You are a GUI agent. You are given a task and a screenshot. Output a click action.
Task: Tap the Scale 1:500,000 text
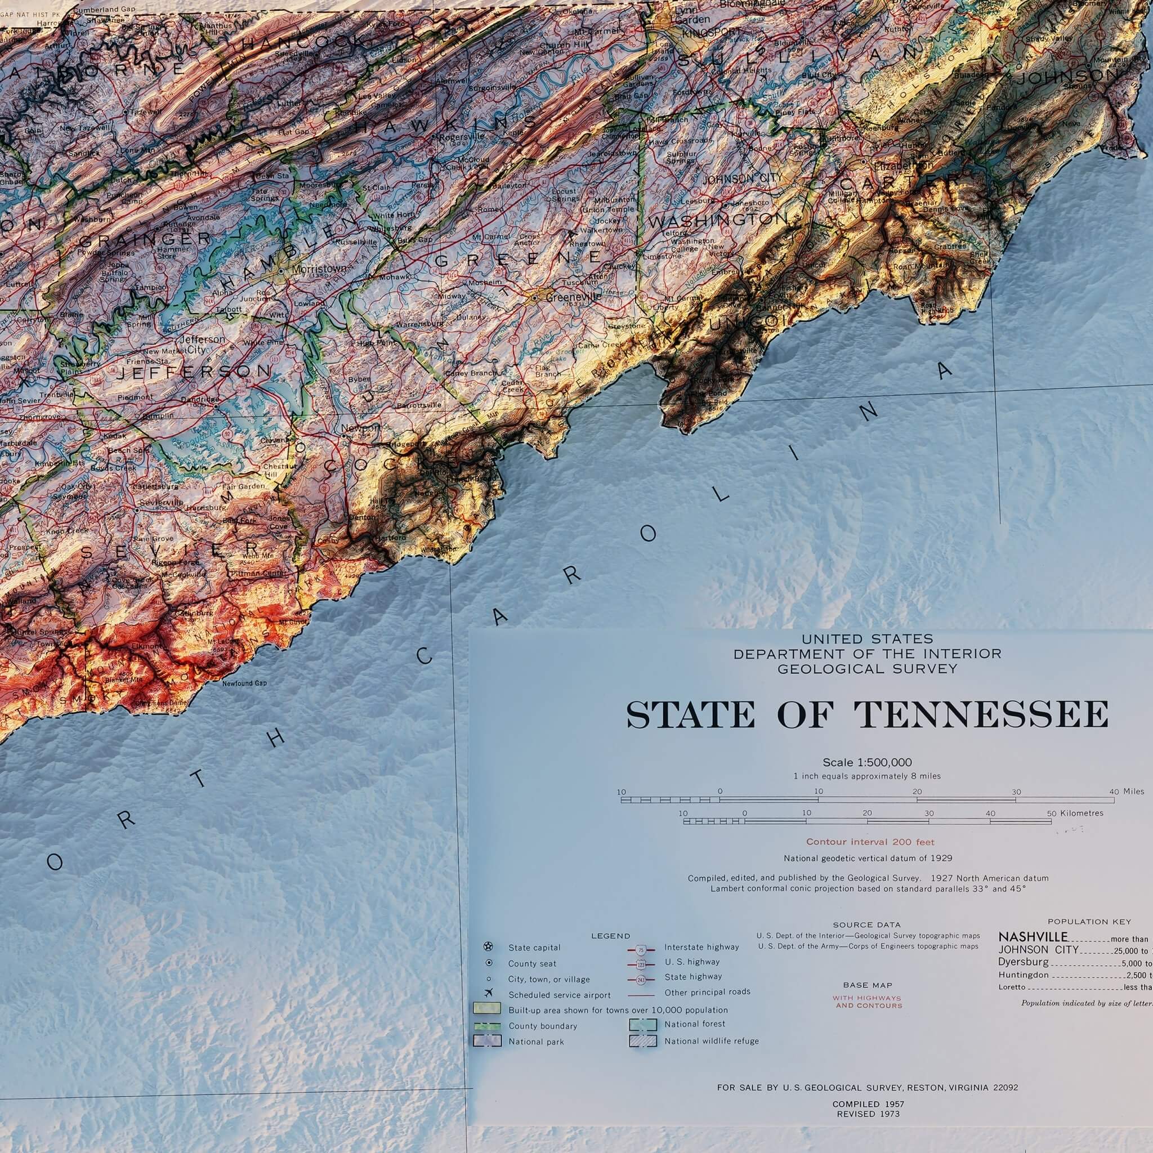[x=866, y=762]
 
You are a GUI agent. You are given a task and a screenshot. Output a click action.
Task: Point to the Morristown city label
[x=319, y=269]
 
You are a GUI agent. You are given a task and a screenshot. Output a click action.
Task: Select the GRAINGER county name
[x=145, y=239]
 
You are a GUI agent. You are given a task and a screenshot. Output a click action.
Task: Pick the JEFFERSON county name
[x=193, y=372]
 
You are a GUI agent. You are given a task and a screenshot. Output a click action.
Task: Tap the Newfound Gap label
[x=245, y=683]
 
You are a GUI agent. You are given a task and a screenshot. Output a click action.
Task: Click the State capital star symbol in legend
[x=489, y=947]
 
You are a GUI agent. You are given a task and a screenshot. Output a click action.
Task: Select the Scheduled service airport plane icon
[x=489, y=994]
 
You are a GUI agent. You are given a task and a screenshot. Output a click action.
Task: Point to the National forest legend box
[x=643, y=1025]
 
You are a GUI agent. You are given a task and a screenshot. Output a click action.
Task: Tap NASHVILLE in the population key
[x=1033, y=937]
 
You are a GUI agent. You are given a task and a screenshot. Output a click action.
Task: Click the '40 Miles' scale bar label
[x=1127, y=792]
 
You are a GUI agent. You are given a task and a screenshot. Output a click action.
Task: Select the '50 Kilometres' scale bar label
[x=1075, y=814]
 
